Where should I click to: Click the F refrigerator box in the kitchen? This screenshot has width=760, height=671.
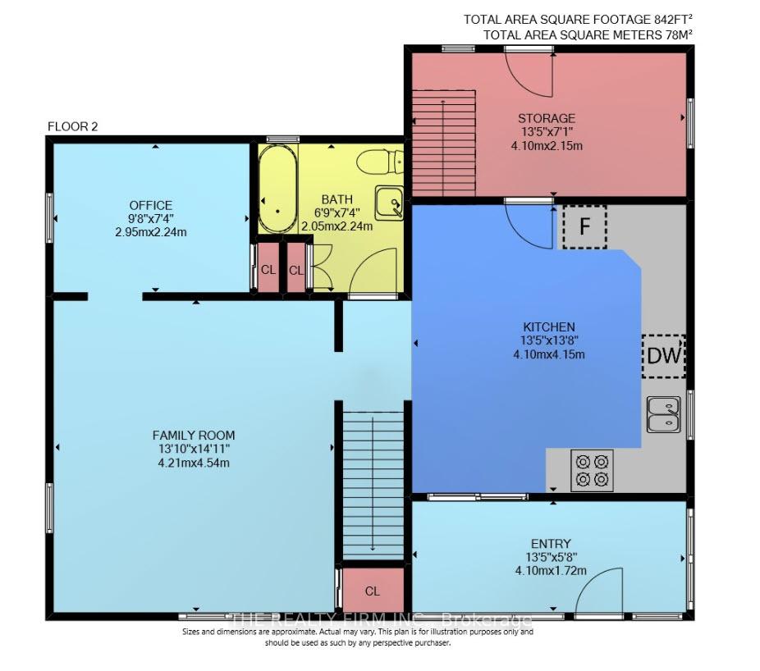pos(584,226)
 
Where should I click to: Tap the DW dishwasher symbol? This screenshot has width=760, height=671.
pos(664,356)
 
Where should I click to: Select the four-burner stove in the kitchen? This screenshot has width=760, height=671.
pos(592,470)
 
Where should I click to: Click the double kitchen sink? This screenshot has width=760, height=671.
pos(663,415)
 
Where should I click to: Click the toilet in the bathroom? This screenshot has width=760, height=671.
pos(380,162)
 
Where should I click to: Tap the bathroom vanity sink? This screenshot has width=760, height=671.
pos(389,203)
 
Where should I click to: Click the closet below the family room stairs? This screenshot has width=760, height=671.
pos(373,590)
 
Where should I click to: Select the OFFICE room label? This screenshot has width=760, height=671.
pos(151,205)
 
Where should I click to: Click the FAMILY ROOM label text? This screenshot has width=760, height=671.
pos(194,435)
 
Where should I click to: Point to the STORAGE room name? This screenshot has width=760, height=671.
pos(547,118)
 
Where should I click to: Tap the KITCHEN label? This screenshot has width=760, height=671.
pos(549,327)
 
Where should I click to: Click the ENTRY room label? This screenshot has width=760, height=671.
pos(551,544)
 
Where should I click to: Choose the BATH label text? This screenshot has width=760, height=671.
pos(337,199)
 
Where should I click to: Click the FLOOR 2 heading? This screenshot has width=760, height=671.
pos(73,127)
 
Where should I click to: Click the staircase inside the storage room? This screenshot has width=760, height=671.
pos(443,144)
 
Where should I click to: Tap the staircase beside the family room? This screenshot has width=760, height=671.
pos(373,485)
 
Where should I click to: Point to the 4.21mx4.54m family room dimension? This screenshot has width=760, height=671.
pos(194,463)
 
